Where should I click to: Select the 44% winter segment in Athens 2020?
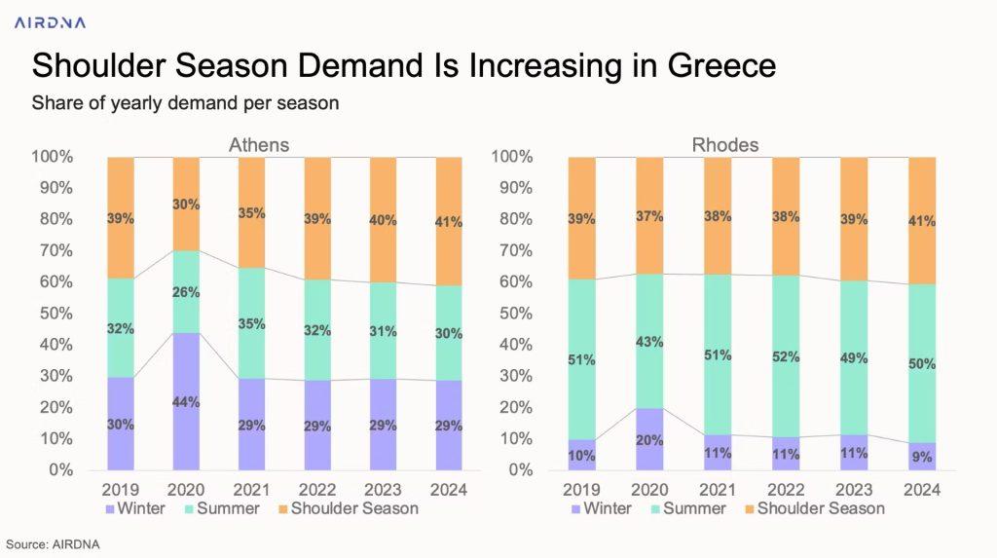pyautogui.click(x=188, y=401)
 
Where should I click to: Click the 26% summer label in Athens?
pyautogui.click(x=188, y=291)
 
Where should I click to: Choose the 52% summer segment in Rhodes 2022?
pyautogui.click(x=787, y=356)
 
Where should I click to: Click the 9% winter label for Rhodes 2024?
pyautogui.click(x=923, y=457)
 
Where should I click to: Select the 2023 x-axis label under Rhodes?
pyautogui.click(x=855, y=489)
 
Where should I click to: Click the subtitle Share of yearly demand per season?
pyautogui.click(x=185, y=102)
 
